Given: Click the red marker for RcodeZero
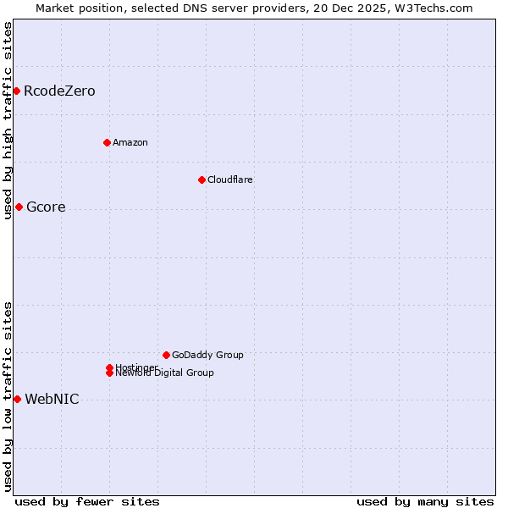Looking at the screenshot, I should (x=16, y=91).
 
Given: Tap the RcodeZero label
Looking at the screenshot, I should (x=59, y=91).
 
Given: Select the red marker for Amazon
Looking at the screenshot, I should (x=107, y=142).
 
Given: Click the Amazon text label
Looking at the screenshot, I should (x=130, y=142).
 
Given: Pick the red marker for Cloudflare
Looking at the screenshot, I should (x=202, y=179).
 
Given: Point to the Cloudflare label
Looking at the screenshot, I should (x=230, y=179).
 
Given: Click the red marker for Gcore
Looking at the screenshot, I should (x=19, y=207).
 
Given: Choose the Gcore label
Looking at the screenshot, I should (x=46, y=207).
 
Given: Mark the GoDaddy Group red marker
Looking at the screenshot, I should (x=166, y=355).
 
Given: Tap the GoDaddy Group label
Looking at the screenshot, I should (x=207, y=355).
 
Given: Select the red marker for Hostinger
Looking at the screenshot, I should (x=109, y=367).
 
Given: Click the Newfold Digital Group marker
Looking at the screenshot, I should (x=109, y=373).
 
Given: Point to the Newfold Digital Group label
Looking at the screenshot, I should (x=165, y=373).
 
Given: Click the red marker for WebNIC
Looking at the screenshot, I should (x=17, y=399).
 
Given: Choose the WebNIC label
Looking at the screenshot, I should (x=52, y=400).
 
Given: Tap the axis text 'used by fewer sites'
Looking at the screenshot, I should (x=87, y=501).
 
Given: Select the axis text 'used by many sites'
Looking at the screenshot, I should (x=425, y=501).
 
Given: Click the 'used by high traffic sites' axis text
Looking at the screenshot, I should (x=8, y=120).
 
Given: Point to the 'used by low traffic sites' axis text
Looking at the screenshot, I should (x=8, y=396).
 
